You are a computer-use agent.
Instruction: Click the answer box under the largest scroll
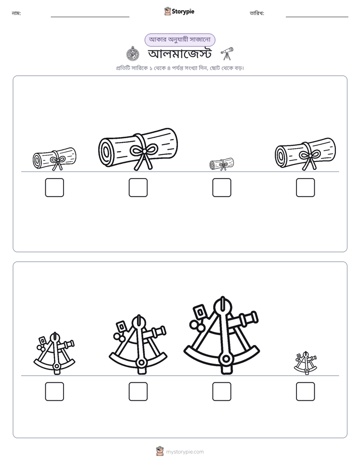(138, 188)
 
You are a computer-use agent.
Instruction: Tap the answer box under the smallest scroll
(221, 188)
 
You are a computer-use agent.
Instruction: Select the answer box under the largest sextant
(221, 391)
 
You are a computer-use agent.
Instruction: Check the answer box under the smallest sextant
(306, 391)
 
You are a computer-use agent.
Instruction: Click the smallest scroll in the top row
(221, 164)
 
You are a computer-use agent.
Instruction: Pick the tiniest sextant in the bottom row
(306, 363)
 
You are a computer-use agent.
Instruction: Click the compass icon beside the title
(133, 54)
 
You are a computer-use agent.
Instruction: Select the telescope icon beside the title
(227, 53)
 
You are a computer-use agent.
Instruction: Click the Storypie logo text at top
(183, 11)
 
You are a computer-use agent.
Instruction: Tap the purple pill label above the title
(179, 40)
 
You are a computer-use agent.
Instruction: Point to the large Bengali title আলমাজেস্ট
(179, 54)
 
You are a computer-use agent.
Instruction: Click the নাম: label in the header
(16, 13)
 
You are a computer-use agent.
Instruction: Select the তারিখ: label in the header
(257, 13)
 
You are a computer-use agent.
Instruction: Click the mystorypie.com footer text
(185, 452)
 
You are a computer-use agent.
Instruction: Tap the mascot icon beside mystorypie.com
(160, 451)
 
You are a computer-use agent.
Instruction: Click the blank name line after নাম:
(90, 17)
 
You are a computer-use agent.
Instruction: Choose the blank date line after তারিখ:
(317, 17)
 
